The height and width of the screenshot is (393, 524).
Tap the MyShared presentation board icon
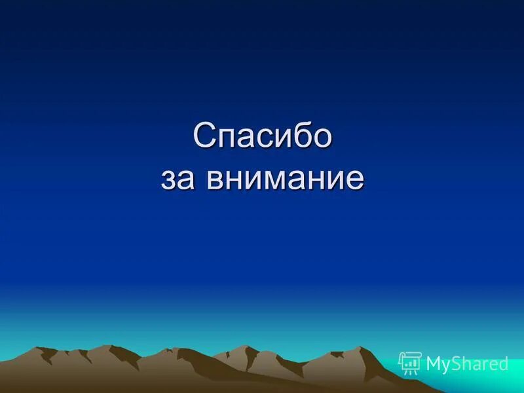pos(410,362)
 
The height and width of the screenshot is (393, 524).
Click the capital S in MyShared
pos(457,364)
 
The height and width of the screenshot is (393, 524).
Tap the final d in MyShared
pos(503,364)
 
